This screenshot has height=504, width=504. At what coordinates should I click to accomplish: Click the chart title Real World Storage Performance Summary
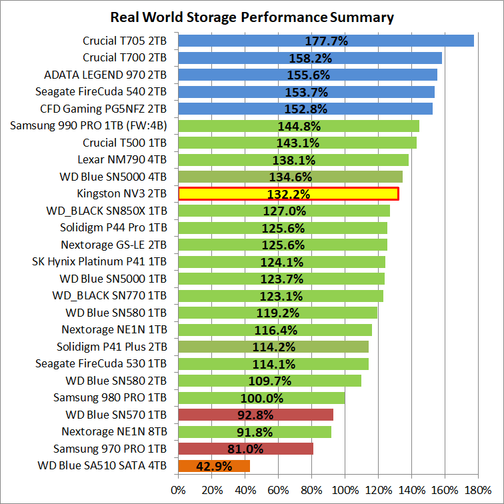tap(252, 17)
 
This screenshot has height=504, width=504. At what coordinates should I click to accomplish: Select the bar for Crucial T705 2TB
tap(326, 41)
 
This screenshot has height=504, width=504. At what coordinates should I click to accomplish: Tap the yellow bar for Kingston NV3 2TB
tap(288, 194)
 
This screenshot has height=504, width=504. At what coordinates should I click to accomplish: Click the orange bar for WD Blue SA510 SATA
tap(214, 466)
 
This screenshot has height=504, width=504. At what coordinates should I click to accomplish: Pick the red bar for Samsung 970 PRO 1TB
tap(245, 449)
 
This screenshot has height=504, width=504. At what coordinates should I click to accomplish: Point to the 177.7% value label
tap(327, 41)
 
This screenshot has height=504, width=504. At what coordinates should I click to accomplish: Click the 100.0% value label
tap(262, 398)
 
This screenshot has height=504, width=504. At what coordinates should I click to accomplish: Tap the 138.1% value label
tap(294, 160)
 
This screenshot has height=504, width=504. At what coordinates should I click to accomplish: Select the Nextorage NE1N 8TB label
tap(114, 431)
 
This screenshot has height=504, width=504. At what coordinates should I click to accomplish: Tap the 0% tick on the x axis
tap(179, 490)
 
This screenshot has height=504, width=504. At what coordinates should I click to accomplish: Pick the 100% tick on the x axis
tap(345, 490)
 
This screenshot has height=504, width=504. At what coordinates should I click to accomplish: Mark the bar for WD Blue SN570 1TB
tap(255, 415)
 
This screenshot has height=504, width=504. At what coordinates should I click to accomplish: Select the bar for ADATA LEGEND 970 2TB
tap(307, 75)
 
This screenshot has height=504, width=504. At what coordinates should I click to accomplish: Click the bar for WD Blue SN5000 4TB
tap(291, 177)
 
